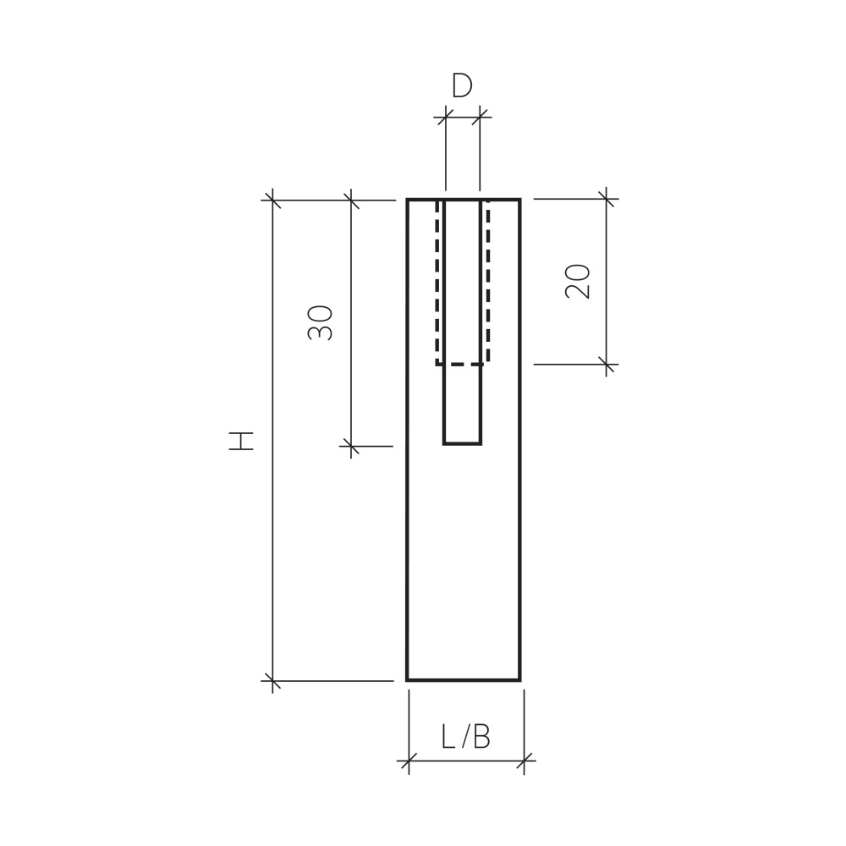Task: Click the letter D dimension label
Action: tap(462, 85)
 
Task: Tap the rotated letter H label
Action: tap(241, 441)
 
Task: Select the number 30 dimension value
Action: tap(320, 322)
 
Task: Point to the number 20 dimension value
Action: tap(577, 281)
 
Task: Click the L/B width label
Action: tap(466, 737)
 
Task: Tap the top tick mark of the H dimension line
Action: tap(272, 201)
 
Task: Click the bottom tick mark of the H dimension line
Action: tap(272, 681)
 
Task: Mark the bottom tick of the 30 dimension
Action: tap(351, 446)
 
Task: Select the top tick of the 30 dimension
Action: tap(351, 201)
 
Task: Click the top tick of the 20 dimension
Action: tap(607, 199)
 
